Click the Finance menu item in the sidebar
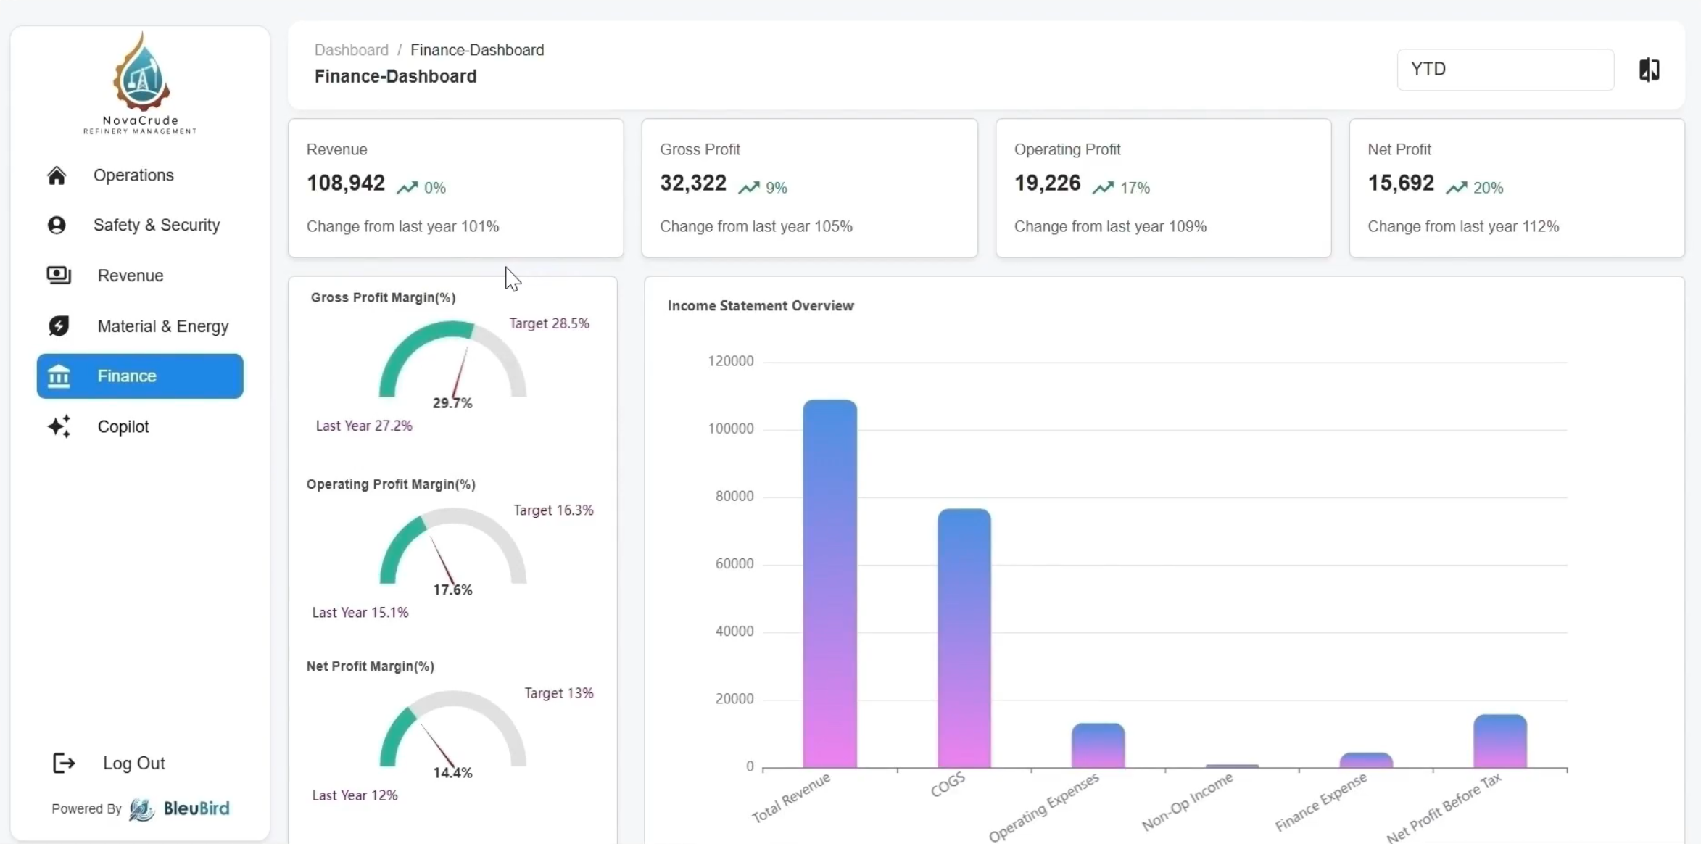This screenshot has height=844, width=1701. [140, 376]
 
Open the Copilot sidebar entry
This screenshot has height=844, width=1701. [123, 426]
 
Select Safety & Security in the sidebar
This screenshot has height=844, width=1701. [156, 225]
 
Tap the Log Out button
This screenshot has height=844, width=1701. [133, 763]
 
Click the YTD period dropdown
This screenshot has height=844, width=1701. [1505, 70]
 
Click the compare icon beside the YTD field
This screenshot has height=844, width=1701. [1649, 70]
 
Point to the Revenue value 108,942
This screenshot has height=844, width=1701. [345, 183]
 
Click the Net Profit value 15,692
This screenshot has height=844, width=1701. [1400, 183]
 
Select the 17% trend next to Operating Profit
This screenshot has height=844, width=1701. [1134, 188]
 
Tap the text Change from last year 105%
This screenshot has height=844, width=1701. [756, 226]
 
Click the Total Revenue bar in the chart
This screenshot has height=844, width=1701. [829, 584]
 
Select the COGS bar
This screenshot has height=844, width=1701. [964, 638]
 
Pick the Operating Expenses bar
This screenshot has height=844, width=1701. [1098, 745]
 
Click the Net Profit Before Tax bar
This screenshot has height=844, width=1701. [1499, 741]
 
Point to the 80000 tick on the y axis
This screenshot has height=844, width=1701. [734, 496]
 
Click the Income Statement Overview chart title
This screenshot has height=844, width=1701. [760, 305]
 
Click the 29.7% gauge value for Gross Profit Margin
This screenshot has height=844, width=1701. [452, 403]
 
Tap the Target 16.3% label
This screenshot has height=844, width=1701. [553, 510]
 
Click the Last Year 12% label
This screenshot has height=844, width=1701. [355, 795]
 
